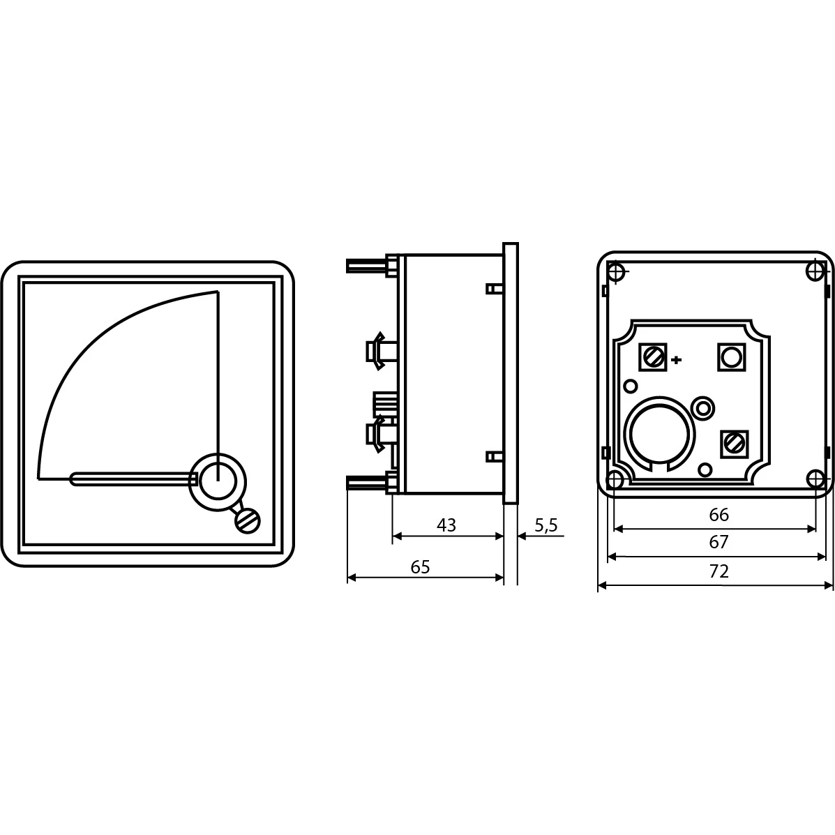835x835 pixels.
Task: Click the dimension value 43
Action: click(x=446, y=525)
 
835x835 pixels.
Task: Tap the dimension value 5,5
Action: click(x=546, y=525)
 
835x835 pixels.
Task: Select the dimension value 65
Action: click(x=420, y=566)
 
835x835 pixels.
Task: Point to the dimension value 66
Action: click(x=719, y=514)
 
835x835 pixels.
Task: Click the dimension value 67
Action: click(x=719, y=542)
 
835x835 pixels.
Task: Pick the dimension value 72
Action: click(x=719, y=571)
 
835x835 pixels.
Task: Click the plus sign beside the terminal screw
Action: click(x=677, y=360)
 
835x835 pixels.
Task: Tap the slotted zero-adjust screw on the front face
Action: click(x=248, y=521)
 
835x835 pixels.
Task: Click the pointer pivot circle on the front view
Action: click(x=218, y=481)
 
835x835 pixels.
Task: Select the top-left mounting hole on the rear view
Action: click(x=617, y=271)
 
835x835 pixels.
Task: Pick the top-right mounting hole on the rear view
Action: click(x=815, y=271)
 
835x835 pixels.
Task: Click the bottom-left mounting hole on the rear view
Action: click(x=615, y=480)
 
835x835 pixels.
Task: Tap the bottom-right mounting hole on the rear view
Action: click(x=815, y=479)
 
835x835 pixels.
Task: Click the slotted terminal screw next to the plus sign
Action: click(x=653, y=356)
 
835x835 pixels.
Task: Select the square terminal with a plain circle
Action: click(x=732, y=356)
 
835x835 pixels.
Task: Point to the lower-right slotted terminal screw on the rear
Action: click(x=735, y=444)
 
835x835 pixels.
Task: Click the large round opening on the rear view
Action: click(x=659, y=433)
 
